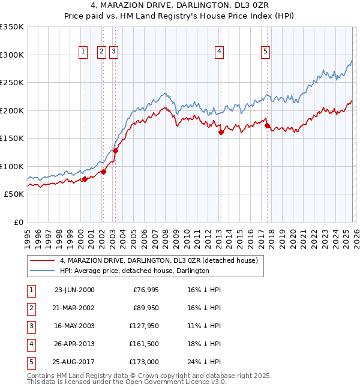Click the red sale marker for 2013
click(x=221, y=133)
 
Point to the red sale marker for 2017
click(x=267, y=126)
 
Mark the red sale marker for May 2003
click(x=115, y=151)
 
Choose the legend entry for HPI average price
click(x=134, y=271)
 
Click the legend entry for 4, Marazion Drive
click(x=158, y=260)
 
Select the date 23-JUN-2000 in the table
click(x=74, y=290)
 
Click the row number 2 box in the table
click(x=31, y=308)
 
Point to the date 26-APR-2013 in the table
click(x=74, y=344)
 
